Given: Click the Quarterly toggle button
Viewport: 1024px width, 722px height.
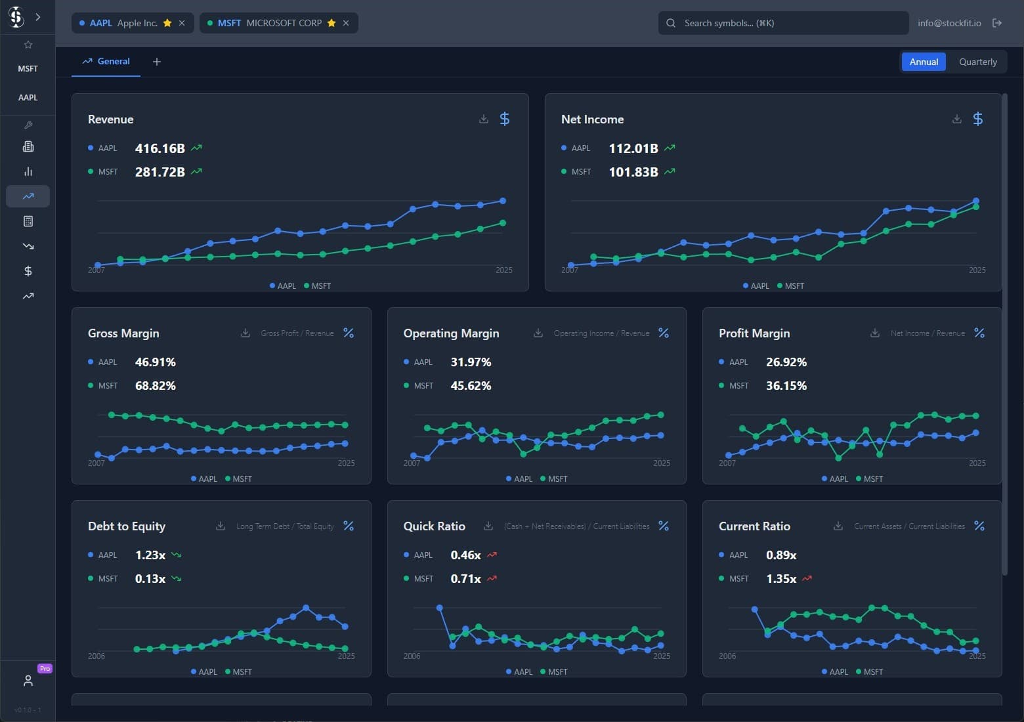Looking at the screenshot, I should click(977, 62).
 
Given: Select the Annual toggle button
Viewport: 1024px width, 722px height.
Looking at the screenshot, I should click(923, 62).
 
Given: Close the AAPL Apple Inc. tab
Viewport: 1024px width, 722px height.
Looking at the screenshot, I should click(182, 23).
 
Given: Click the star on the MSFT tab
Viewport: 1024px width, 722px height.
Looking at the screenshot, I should click(331, 23).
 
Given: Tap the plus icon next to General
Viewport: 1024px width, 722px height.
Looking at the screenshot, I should click(157, 62).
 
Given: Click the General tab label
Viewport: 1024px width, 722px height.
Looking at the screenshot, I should click(113, 61).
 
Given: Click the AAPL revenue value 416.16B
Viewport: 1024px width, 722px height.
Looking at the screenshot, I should click(160, 148).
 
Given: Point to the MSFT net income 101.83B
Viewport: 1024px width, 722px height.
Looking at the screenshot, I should click(633, 172).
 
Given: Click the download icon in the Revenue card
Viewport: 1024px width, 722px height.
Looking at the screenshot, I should click(484, 119).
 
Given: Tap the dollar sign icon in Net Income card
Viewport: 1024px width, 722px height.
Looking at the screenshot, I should click(977, 119).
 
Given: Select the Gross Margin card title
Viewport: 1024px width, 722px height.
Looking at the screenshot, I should click(123, 333).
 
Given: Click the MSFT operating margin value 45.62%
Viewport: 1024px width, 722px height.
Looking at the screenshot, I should click(471, 386).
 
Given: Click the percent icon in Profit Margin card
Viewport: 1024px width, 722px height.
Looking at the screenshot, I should click(979, 333).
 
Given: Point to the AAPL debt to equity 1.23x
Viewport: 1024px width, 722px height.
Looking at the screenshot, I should click(150, 555).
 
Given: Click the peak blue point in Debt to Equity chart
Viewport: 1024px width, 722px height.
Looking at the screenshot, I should click(306, 608).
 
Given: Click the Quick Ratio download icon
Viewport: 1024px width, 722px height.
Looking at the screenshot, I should click(488, 526).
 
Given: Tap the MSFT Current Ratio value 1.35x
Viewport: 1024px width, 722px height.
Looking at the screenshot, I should click(781, 579).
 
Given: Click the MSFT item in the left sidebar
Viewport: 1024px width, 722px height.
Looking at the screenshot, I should click(28, 68).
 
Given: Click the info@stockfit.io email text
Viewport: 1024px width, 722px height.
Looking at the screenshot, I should click(949, 23).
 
